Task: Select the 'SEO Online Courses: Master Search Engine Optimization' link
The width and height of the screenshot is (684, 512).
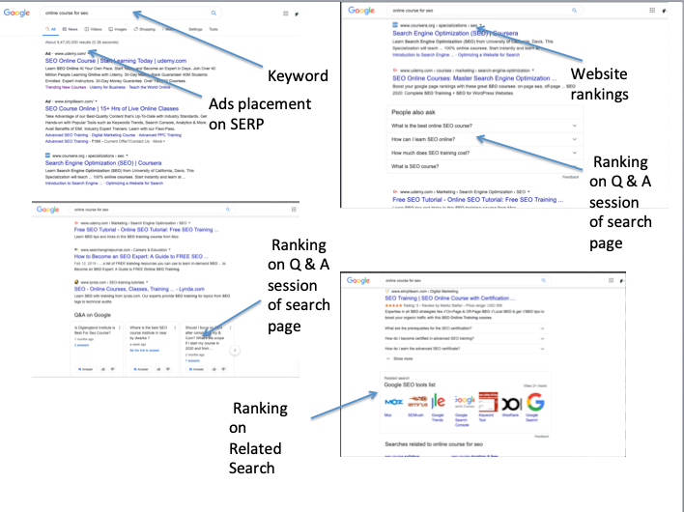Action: click(474, 77)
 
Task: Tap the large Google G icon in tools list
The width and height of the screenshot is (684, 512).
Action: click(535, 401)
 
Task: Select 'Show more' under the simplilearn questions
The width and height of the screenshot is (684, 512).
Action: click(405, 357)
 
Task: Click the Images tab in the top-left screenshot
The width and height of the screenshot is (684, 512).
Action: click(106, 30)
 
